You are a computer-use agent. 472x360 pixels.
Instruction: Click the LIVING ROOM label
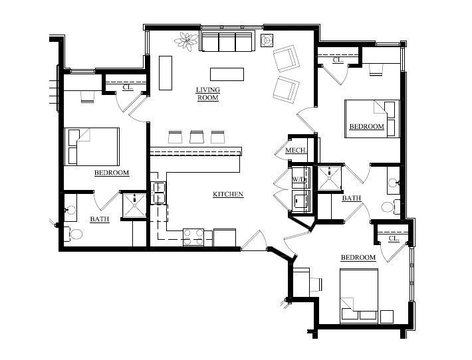208,94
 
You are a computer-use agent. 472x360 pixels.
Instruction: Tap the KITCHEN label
228,195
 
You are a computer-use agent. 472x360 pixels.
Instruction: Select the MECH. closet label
296,150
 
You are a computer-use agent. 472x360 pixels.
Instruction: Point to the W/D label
299,179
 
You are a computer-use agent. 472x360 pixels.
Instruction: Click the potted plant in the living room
187,41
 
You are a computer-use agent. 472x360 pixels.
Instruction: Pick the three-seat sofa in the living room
227,41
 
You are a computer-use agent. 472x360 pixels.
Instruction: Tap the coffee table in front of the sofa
227,74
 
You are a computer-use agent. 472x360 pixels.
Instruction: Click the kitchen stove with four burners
193,238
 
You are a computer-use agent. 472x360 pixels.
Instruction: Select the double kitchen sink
159,193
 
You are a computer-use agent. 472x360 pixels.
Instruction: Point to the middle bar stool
196,137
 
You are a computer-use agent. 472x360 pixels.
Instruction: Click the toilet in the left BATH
73,234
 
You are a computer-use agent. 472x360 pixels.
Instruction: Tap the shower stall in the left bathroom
134,205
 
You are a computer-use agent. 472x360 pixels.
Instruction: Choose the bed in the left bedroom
92,147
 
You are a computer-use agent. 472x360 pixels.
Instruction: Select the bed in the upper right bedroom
372,119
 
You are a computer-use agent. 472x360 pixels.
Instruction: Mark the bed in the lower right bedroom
359,296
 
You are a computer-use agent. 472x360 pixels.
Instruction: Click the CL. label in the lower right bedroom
394,238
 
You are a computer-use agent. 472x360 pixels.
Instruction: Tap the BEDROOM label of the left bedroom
112,173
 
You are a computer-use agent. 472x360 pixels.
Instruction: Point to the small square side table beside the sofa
267,40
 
